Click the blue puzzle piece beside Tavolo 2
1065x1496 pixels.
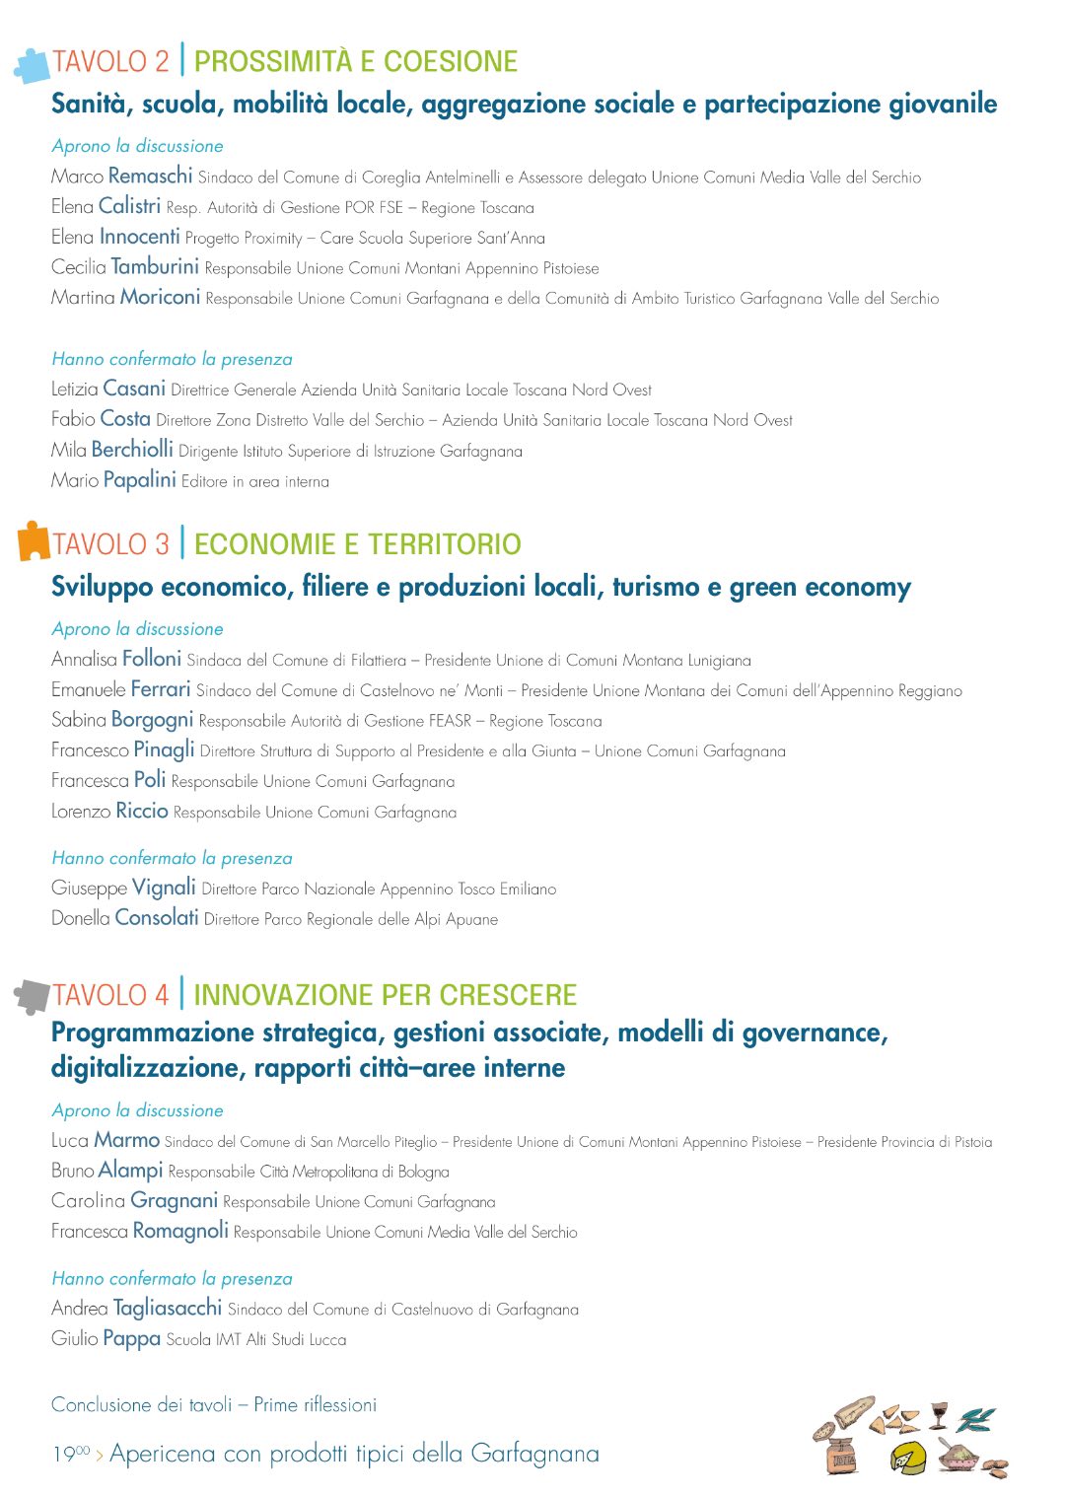tap(32, 65)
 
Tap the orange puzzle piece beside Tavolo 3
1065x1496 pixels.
tap(33, 541)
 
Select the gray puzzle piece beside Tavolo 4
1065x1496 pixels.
tap(32, 996)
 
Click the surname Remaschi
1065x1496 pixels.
tap(150, 177)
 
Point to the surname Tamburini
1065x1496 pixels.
tap(155, 267)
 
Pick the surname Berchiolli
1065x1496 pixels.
tap(132, 450)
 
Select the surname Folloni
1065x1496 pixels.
tap(152, 659)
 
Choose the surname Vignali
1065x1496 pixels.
tap(164, 888)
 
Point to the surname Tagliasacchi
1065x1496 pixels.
tap(168, 1309)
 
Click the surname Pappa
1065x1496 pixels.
tap(131, 1339)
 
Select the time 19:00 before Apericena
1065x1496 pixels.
tap(70, 1454)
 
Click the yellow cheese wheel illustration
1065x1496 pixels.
tap(907, 1456)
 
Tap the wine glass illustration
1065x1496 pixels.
tap(938, 1414)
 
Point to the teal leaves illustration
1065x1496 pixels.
tap(976, 1419)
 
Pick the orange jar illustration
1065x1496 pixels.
tap(841, 1455)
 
